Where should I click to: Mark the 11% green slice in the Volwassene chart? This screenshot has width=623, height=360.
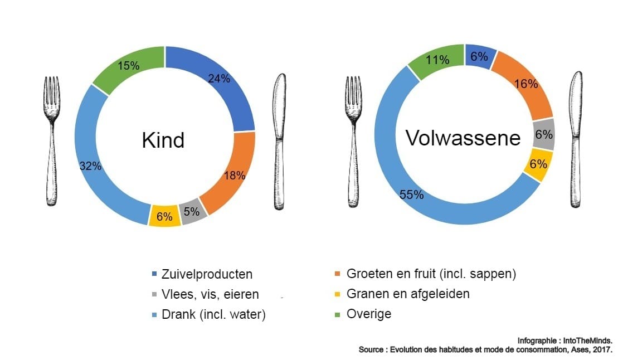[x=437, y=60]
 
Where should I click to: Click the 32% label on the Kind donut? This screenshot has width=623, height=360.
[x=90, y=166]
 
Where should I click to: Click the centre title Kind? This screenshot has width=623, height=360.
[x=163, y=140]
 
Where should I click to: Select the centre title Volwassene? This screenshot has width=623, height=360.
[x=463, y=137]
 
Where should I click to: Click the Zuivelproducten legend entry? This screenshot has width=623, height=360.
[x=207, y=274]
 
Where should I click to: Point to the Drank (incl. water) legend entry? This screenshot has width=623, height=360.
[x=213, y=314]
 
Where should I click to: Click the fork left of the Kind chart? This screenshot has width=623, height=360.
[x=52, y=139]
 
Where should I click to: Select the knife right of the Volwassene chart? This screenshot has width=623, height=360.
[x=575, y=139]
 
